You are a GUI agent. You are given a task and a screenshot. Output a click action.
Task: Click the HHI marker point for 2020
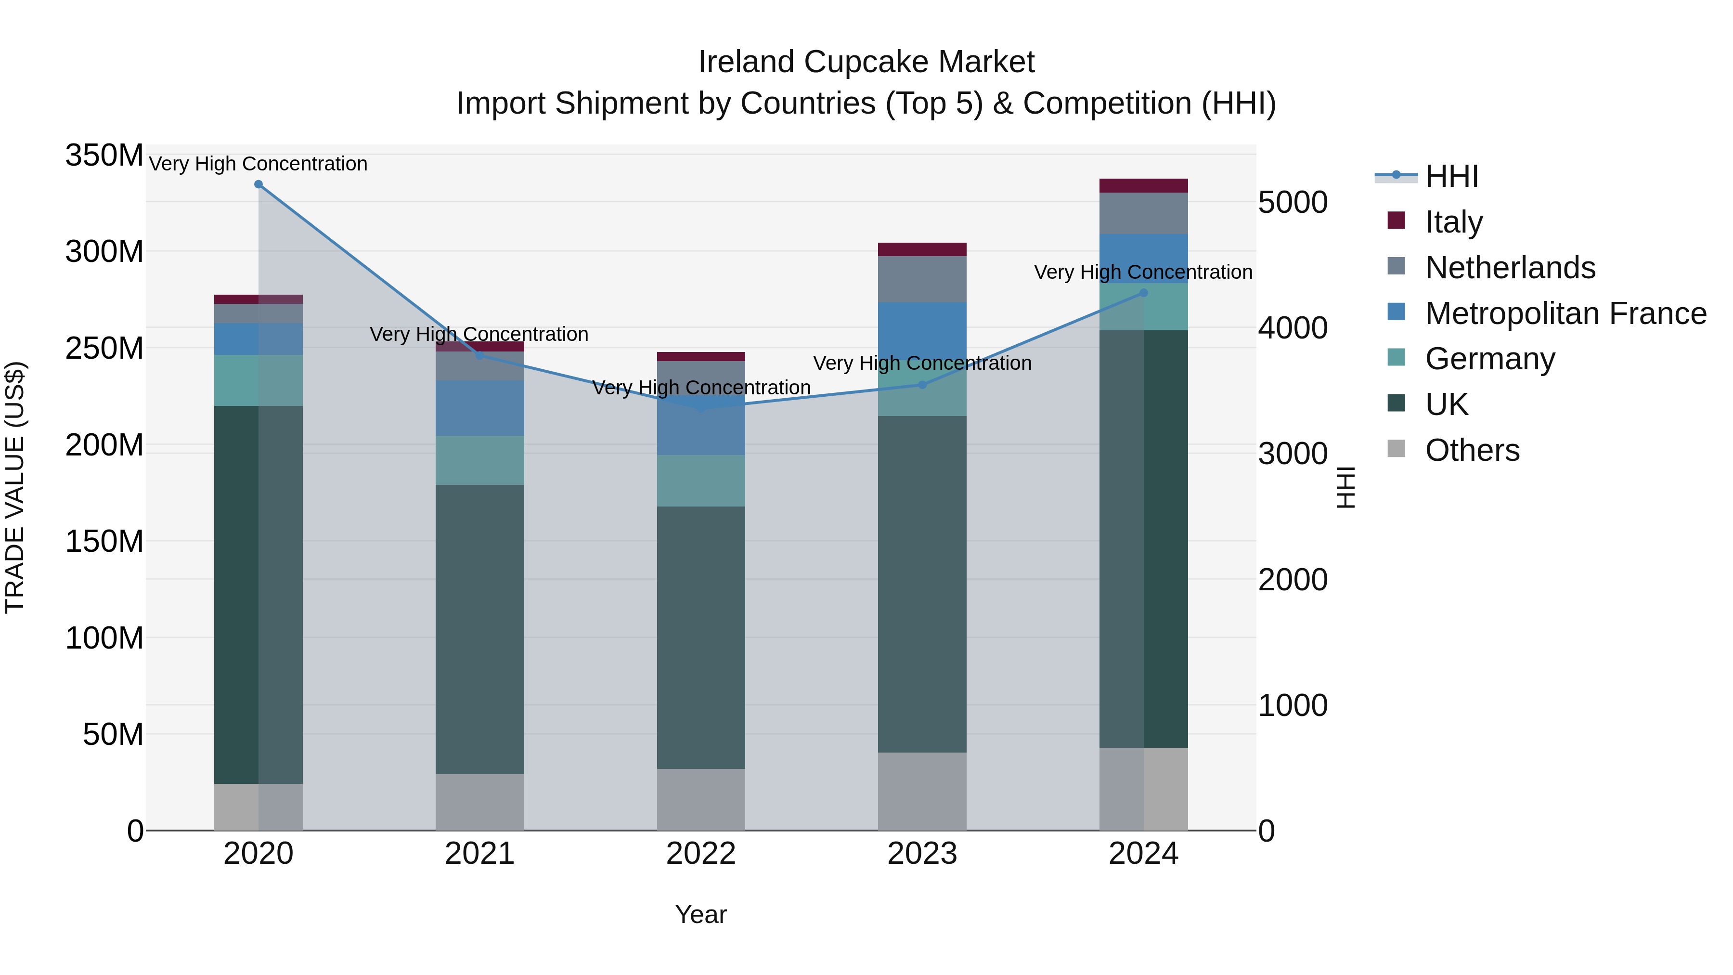pyautogui.click(x=259, y=184)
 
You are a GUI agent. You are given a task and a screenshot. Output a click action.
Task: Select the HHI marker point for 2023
pyautogui.click(x=922, y=385)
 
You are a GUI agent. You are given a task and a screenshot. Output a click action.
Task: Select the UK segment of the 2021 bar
pyautogui.click(x=479, y=629)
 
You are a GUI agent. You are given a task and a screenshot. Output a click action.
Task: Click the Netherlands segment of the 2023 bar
pyautogui.click(x=922, y=279)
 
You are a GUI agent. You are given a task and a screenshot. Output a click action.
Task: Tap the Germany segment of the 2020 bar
pyautogui.click(x=259, y=380)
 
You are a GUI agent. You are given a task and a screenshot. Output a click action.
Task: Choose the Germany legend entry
pyautogui.click(x=1489, y=359)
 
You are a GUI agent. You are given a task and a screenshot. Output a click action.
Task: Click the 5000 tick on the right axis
pyautogui.click(x=1293, y=203)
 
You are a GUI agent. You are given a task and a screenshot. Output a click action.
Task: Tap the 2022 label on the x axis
pyautogui.click(x=700, y=854)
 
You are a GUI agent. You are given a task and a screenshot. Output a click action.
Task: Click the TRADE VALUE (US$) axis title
pyautogui.click(x=15, y=487)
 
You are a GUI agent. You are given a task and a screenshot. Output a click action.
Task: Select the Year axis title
pyautogui.click(x=700, y=914)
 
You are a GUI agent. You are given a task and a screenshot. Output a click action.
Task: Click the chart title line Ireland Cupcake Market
pyautogui.click(x=866, y=62)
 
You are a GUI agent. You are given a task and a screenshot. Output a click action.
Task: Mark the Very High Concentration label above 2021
pyautogui.click(x=479, y=335)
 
